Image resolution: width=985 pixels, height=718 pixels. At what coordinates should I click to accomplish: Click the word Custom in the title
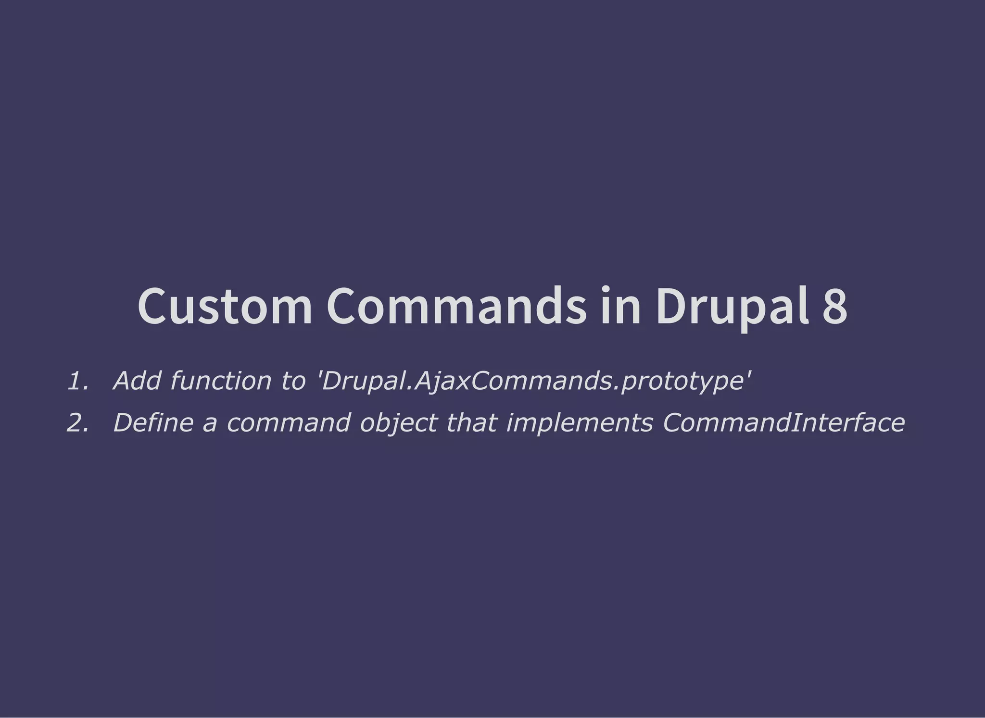click(225, 307)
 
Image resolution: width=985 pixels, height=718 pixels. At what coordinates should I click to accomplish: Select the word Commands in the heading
click(456, 307)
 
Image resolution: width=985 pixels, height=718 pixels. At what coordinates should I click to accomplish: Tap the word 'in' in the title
click(620, 307)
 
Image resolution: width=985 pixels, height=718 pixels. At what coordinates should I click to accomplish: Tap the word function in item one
click(221, 382)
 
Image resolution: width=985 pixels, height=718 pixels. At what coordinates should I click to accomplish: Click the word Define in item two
click(153, 423)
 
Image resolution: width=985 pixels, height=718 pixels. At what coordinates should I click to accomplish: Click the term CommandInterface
click(783, 423)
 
